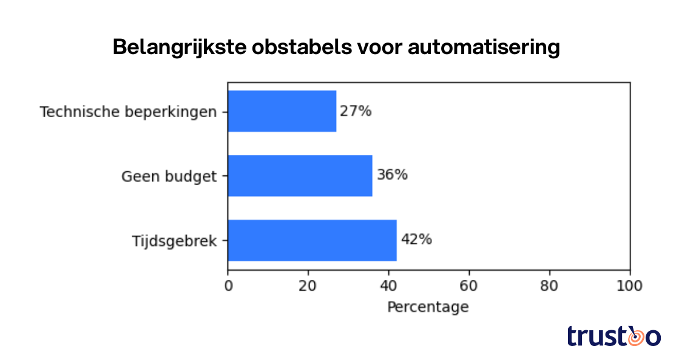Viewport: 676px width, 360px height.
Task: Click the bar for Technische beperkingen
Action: click(282, 111)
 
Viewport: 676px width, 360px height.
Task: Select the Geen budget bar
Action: click(300, 175)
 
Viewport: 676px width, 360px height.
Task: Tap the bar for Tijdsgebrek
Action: click(312, 240)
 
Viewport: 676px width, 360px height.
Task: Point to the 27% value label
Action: click(356, 111)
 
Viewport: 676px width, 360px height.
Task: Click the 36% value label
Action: click(392, 175)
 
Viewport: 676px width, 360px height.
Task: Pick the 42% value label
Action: click(416, 240)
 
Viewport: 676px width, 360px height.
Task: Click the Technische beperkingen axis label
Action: click(128, 112)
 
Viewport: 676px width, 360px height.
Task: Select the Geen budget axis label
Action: click(169, 176)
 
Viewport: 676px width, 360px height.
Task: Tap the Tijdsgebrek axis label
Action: click(175, 241)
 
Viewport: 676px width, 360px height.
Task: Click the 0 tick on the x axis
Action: click(228, 285)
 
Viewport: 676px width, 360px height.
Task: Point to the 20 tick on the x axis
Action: click(308, 285)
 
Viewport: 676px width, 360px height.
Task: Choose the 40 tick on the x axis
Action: click(388, 285)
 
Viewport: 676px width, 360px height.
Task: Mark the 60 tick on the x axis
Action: click(469, 285)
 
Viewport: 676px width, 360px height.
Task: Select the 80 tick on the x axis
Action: click(549, 285)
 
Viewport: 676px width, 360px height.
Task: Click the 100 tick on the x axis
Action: click(629, 285)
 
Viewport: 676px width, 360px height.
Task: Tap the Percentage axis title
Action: click(428, 307)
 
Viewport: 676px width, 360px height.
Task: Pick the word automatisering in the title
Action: click(484, 47)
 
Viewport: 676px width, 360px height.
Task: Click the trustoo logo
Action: click(613, 336)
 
